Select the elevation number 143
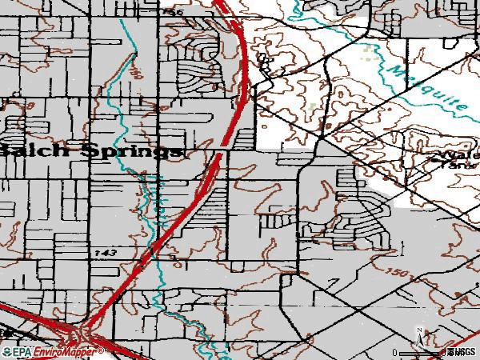105,252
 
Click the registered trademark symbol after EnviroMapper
102,349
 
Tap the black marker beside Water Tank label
436,161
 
